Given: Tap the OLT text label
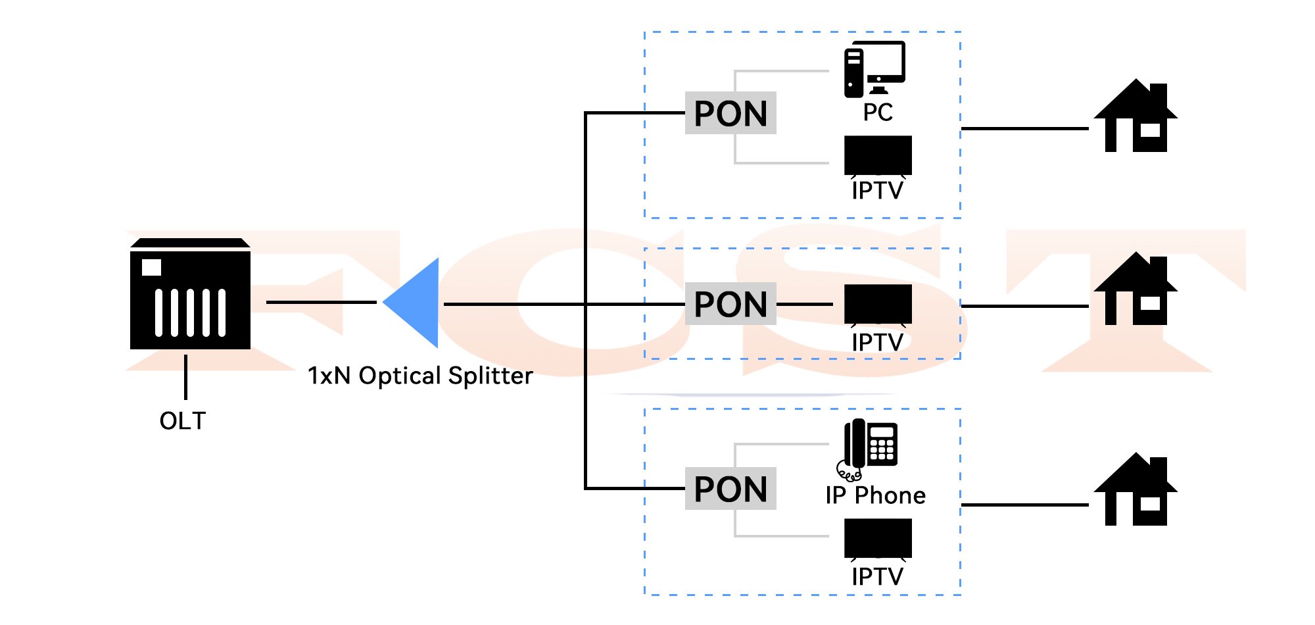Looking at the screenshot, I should coord(183,421).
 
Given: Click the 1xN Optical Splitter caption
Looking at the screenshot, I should coord(420,376).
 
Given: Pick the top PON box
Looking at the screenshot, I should coord(730,113).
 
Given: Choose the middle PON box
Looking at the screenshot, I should coord(730,304).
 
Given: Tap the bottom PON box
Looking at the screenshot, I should coord(730,489).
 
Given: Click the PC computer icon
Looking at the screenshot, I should coord(874,69).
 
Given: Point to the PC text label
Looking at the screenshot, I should coord(878,113).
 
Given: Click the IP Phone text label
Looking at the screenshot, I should coord(875,495).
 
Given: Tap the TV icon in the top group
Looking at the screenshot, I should coord(878,155).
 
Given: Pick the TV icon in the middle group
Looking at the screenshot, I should coord(878,304).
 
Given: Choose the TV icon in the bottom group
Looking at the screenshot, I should coord(878,538).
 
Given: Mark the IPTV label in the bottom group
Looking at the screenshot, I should coord(878,577).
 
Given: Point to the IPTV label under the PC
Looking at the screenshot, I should coord(878,191).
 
